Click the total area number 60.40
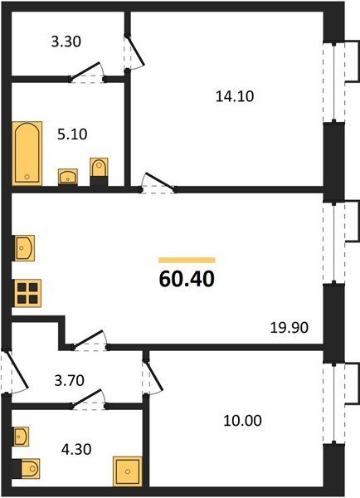tap(187, 279)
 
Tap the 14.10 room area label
tap(235, 96)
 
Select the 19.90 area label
tap(289, 328)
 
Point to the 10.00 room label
tap(242, 421)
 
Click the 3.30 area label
tap(66, 41)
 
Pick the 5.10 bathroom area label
tap(72, 134)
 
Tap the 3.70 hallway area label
tap(69, 380)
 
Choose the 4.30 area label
tap(76, 449)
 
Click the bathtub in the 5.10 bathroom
tap(27, 153)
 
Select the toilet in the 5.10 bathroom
tap(99, 172)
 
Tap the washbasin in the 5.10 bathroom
tap(68, 177)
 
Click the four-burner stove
tap(27, 293)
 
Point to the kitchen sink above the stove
tap(23, 248)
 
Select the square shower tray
tap(128, 471)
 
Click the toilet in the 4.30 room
tap(26, 468)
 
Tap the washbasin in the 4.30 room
tap(21, 437)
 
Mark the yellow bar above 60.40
tap(187, 261)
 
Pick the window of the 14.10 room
tap(334, 82)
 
